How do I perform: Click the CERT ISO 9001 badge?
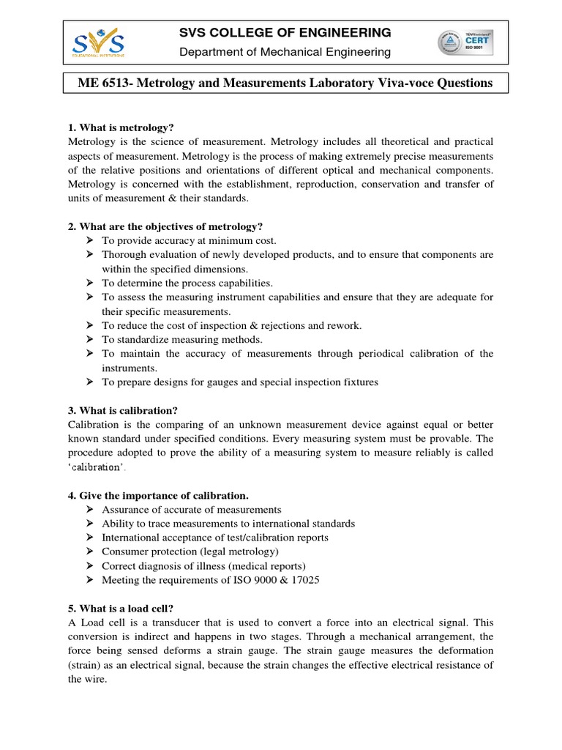tap(465, 42)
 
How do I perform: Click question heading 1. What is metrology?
tap(120, 127)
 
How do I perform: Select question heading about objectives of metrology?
tap(165, 226)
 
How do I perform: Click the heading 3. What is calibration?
tap(122, 409)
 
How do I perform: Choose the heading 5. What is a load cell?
tap(120, 608)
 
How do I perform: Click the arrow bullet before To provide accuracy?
tap(89, 240)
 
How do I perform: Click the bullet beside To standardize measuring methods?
tap(89, 339)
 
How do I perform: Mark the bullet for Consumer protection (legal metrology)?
tap(89, 552)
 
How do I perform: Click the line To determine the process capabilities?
tap(187, 283)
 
